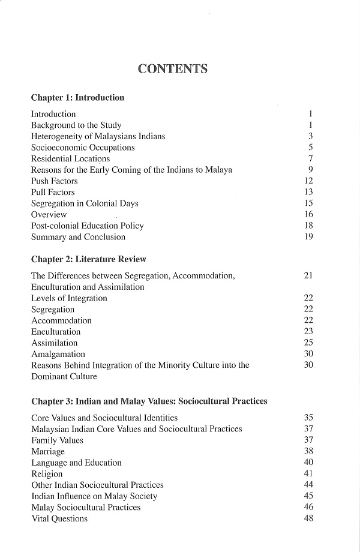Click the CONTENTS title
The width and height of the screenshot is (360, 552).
[173, 68]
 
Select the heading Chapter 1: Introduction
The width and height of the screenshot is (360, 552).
[77, 97]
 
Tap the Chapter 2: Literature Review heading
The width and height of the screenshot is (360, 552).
[89, 259]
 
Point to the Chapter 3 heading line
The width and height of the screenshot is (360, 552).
[149, 401]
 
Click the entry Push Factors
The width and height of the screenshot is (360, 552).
[55, 181]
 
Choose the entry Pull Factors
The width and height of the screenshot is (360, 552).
[53, 193]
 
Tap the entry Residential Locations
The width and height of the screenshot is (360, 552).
[71, 159]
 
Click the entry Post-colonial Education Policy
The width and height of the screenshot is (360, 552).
[88, 226]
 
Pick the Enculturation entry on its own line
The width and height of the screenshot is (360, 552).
[56, 332]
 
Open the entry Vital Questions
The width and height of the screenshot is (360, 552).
[59, 519]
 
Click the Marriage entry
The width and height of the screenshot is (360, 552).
[48, 452]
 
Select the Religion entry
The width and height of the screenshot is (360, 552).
[47, 474]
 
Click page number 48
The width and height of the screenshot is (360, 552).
[309, 518]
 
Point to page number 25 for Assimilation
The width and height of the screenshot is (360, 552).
[309, 343]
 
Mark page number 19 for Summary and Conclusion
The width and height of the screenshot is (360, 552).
[309, 237]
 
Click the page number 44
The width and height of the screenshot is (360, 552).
[309, 485]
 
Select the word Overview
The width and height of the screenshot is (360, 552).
[49, 215]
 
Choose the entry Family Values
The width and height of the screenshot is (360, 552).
[58, 440]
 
